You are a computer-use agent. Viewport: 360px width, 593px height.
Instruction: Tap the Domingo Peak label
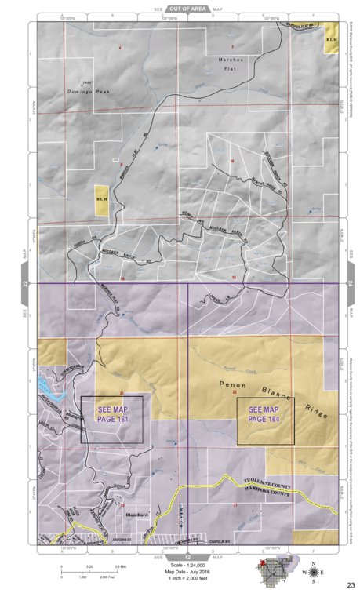click(x=90, y=91)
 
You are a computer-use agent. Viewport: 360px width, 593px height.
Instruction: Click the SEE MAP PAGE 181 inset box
click(x=111, y=420)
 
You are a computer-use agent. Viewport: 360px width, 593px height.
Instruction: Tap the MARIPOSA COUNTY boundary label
click(x=267, y=495)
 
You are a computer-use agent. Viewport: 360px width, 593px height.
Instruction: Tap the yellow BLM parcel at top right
click(x=332, y=43)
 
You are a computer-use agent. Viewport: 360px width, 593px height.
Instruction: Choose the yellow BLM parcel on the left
click(x=101, y=199)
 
